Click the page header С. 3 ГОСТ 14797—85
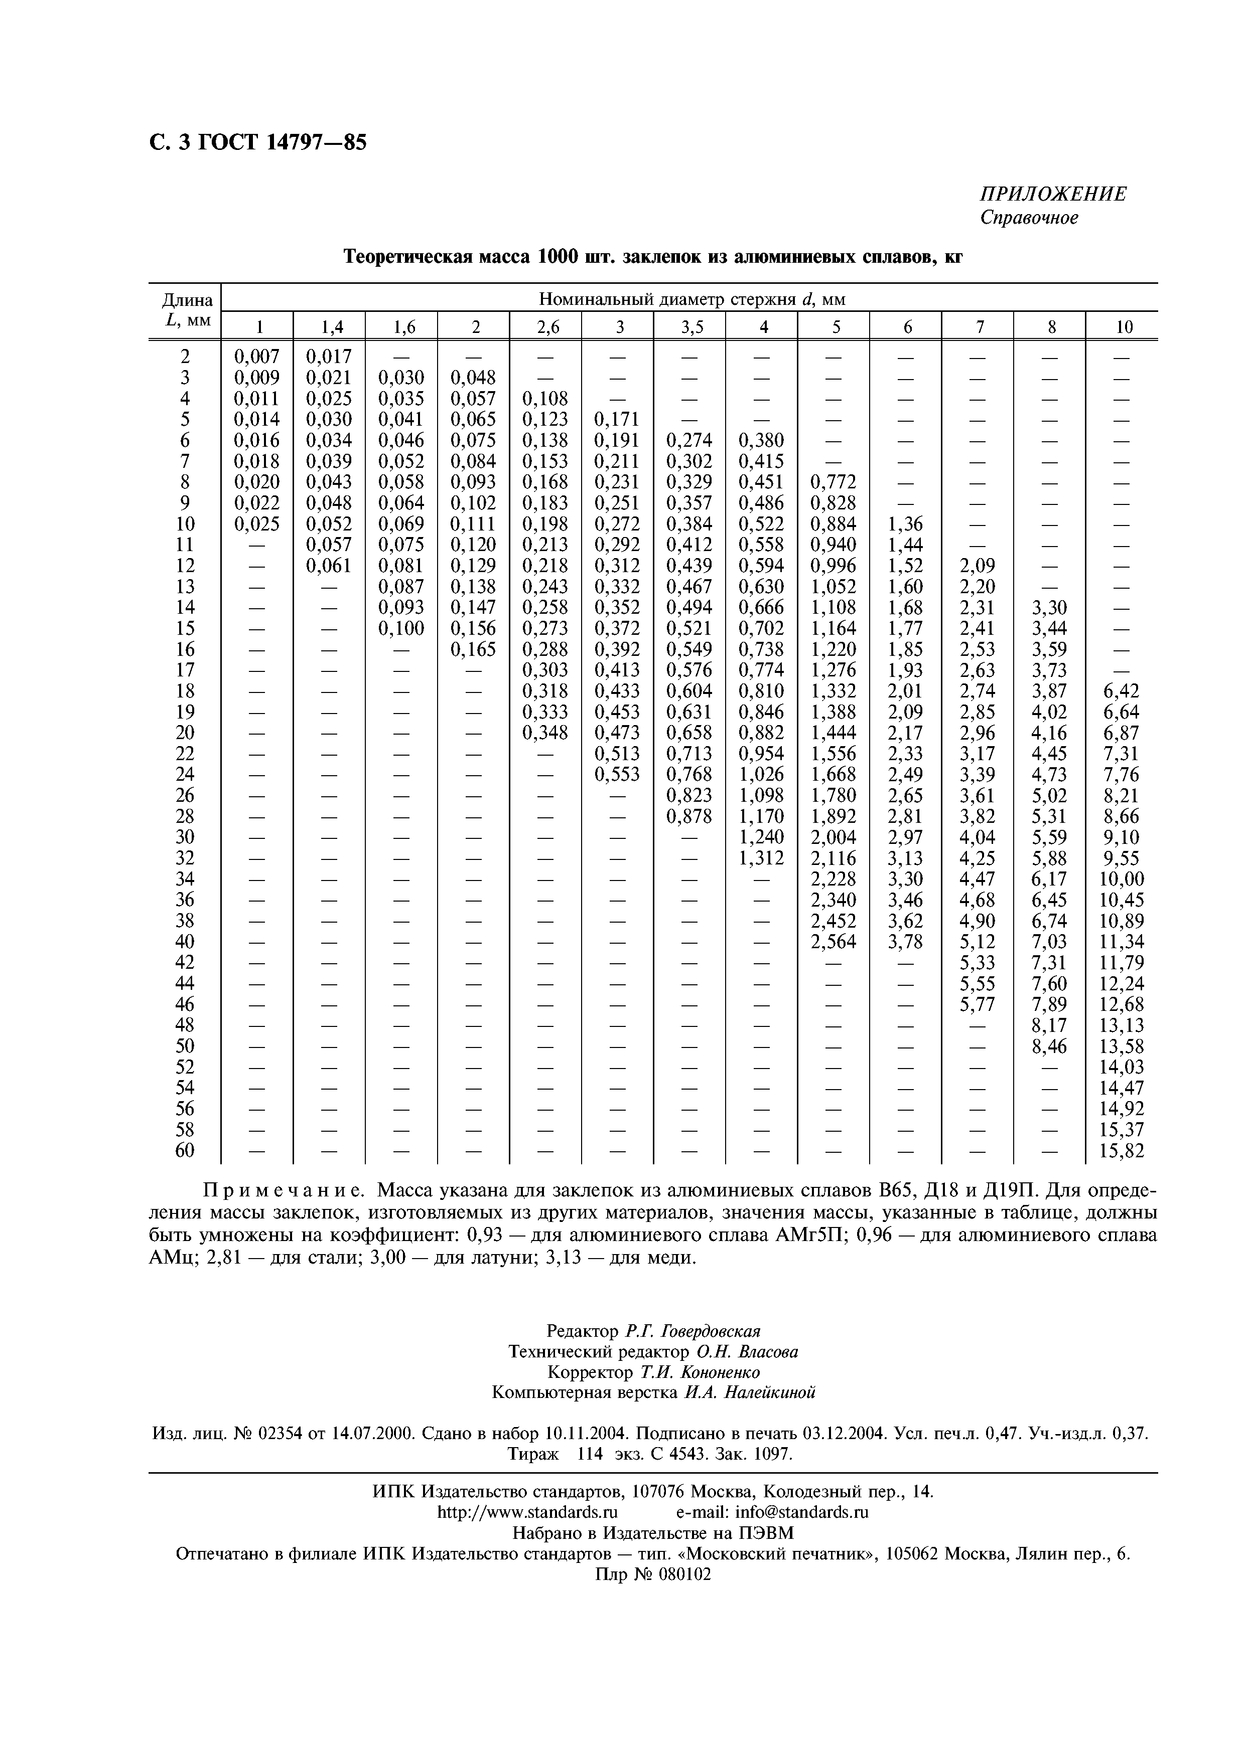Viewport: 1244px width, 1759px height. pyautogui.click(x=257, y=142)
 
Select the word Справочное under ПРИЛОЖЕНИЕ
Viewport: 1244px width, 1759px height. pyautogui.click(x=1029, y=218)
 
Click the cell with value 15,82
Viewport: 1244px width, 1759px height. pyautogui.click(x=1122, y=1151)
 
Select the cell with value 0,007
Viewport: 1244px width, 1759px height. pyautogui.click(x=257, y=356)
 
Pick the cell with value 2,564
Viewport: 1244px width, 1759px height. pyautogui.click(x=834, y=942)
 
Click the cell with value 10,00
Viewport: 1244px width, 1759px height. pyautogui.click(x=1122, y=878)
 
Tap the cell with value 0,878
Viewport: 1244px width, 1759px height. pyautogui.click(x=690, y=816)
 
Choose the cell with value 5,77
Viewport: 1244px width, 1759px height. pyautogui.click(x=977, y=1004)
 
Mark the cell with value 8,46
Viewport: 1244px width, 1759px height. pyautogui.click(x=1049, y=1046)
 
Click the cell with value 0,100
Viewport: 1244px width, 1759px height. pyautogui.click(x=401, y=628)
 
